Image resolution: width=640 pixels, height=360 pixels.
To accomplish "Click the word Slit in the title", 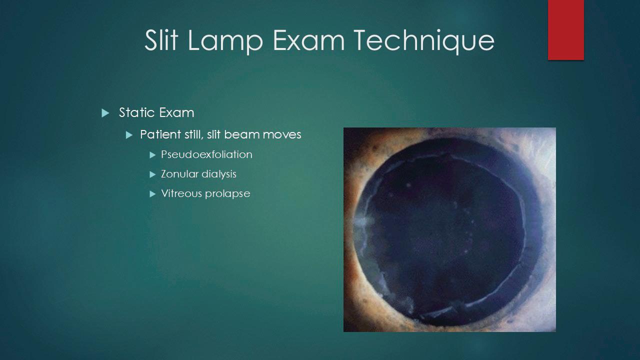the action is pos(161,40).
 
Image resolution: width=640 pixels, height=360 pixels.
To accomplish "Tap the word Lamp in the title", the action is pos(225,41).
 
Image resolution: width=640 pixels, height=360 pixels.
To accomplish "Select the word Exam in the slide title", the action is pos(309,40).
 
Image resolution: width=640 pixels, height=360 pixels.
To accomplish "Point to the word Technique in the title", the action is pos(424,41).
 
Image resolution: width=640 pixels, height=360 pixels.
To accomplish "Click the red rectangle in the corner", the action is pos(565,29).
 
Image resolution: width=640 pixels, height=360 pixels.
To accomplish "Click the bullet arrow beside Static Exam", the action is pos(105,113).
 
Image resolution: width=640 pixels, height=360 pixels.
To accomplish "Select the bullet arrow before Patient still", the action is pos(129,135).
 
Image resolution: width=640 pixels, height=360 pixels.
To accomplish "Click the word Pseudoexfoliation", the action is pos(206,154).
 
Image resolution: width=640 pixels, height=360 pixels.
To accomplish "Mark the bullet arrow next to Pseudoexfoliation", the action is pos(153,155).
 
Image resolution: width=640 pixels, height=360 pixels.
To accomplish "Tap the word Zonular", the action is pos(179,174).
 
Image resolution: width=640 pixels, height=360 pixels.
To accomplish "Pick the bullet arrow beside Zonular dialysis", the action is pos(153,174).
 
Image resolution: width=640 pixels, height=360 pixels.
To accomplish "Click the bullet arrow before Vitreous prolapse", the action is pos(153,194).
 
